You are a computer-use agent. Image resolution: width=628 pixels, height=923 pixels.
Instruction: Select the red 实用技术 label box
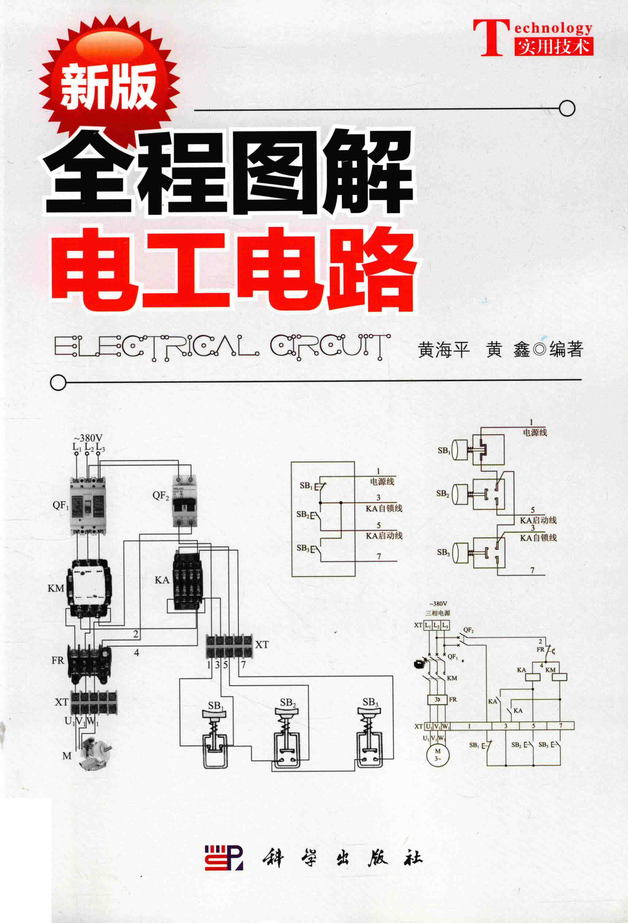coord(553,47)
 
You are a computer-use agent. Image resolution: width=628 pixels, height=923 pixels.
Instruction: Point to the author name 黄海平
coord(444,350)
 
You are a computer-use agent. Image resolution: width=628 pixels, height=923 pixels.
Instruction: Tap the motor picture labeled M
coord(94,753)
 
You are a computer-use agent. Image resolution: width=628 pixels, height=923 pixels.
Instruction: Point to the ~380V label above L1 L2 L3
coord(88,438)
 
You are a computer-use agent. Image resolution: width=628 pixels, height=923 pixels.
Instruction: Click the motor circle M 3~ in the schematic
coord(438,753)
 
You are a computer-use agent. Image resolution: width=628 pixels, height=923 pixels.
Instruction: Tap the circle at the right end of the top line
coord(567,108)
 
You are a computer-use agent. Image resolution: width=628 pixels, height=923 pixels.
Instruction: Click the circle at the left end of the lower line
coord(58,382)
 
